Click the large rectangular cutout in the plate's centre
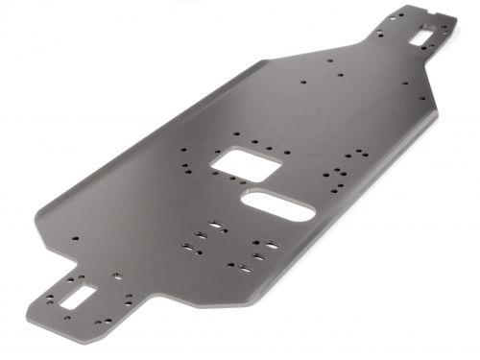[x=248, y=164]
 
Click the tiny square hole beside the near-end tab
[x=115, y=276]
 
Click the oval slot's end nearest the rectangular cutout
[x=252, y=201]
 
